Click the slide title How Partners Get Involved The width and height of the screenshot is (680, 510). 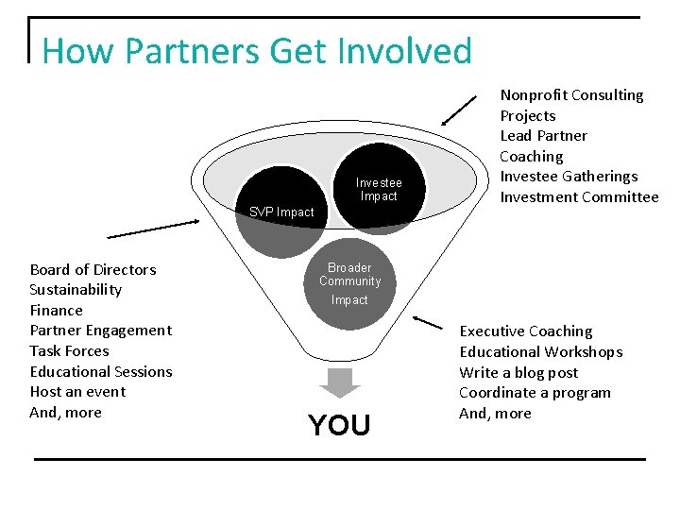pyautogui.click(x=257, y=50)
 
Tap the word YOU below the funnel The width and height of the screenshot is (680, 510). pyautogui.click(x=339, y=426)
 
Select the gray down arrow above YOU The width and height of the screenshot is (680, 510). pyautogui.click(x=340, y=382)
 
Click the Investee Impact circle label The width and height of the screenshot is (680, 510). pyautogui.click(x=379, y=190)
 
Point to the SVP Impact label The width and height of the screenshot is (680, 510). pyautogui.click(x=281, y=212)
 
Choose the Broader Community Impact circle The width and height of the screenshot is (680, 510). pyautogui.click(x=349, y=283)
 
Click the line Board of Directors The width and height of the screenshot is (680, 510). pyautogui.click(x=93, y=270)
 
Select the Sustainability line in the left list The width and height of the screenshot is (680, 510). pyautogui.click(x=76, y=290)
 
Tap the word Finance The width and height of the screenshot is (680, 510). pyautogui.click(x=57, y=311)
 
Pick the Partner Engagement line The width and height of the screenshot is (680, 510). pyautogui.click(x=101, y=331)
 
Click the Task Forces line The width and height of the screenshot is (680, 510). pyautogui.click(x=69, y=351)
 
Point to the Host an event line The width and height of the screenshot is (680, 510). pyautogui.click(x=77, y=392)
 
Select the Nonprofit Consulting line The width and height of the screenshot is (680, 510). pyautogui.click(x=571, y=95)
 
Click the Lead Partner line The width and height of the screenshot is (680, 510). pyautogui.click(x=543, y=136)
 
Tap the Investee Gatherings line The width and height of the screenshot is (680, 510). pyautogui.click(x=569, y=177)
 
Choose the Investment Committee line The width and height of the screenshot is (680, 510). pyautogui.click(x=579, y=197)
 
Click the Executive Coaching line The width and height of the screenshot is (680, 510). pyautogui.click(x=526, y=331)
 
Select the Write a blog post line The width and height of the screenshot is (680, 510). pyautogui.click(x=518, y=372)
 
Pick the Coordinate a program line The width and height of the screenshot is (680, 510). pyautogui.click(x=535, y=393)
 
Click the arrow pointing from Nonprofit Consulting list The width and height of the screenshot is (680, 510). pyautogui.click(x=460, y=110)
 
